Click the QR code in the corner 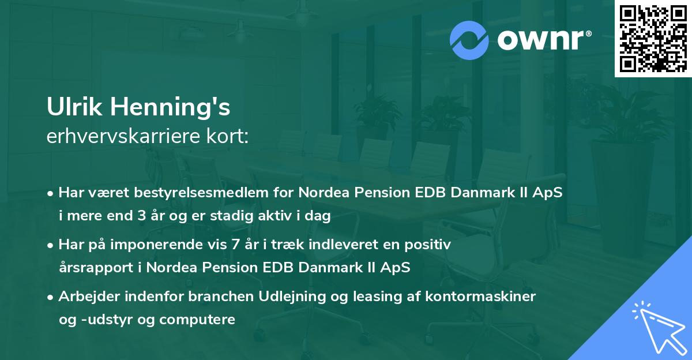tap(653, 39)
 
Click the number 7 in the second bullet tap(235, 245)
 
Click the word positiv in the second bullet tap(430, 245)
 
